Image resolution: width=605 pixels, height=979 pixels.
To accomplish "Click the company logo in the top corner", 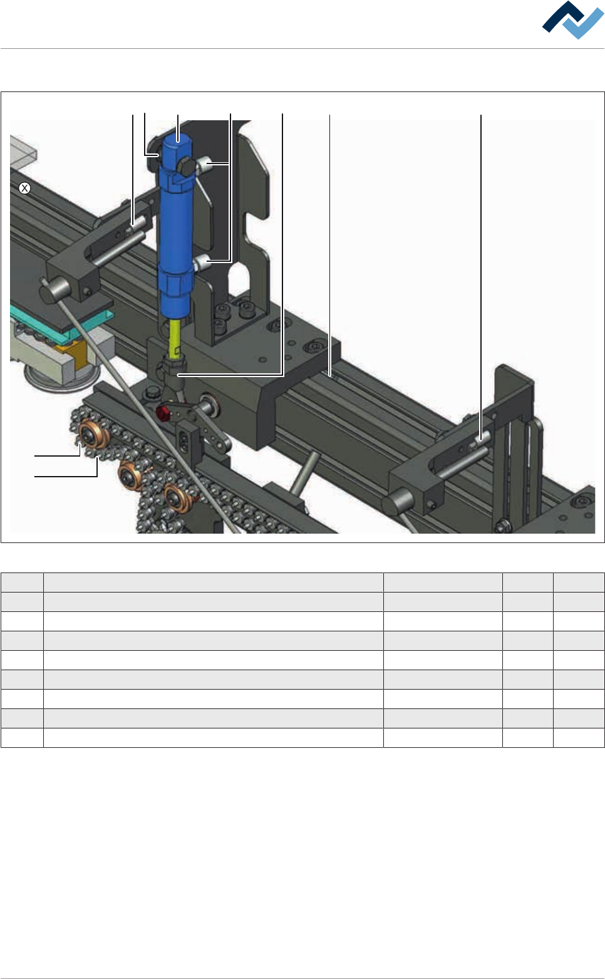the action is (572, 20).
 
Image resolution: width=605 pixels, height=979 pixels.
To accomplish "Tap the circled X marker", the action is (24, 189).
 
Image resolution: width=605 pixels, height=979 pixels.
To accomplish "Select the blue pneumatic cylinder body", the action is (175, 227).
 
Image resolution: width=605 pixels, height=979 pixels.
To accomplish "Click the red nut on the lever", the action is (163, 412).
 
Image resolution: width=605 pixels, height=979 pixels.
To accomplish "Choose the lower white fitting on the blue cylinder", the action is (202, 263).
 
